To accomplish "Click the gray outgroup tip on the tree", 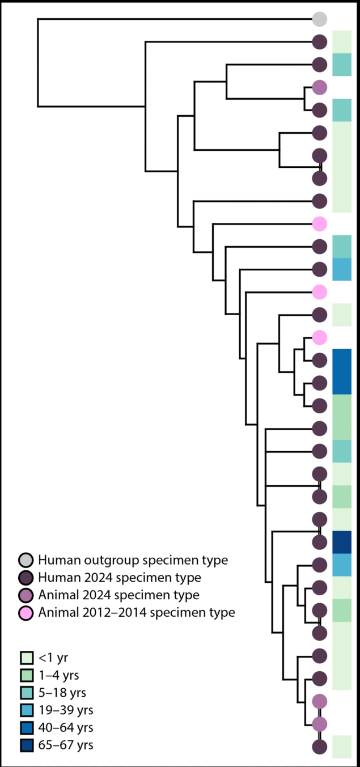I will (320, 19).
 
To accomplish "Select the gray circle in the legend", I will (26, 560).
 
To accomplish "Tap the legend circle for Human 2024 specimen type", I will (26, 578).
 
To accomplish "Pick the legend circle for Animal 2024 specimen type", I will (26, 595).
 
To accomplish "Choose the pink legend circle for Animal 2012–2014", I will (26, 612).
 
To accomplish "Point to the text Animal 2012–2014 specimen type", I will (136, 612).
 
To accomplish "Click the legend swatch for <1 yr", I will (27, 658).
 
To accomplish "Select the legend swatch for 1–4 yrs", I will (27, 675).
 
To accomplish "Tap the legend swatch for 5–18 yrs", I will (27, 692).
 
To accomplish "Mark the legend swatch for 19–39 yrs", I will (27, 710).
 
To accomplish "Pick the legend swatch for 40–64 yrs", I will (27, 727).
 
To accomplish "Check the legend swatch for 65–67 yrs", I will (27, 744).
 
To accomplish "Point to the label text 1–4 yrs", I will (59, 675).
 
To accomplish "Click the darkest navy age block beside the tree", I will (342, 542).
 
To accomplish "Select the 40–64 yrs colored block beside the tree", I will (342, 371).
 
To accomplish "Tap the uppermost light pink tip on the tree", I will (320, 224).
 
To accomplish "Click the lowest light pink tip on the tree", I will (320, 337).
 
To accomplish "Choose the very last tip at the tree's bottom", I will (320, 747).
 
